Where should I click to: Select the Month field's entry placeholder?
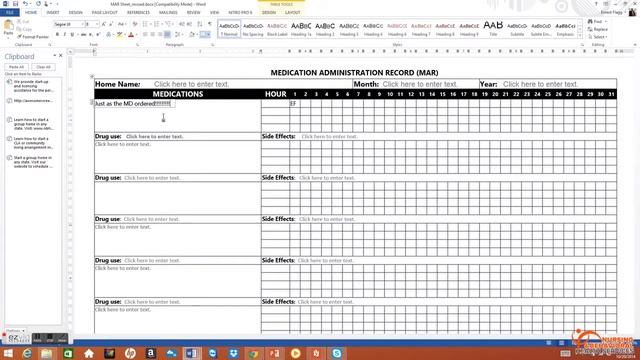[419, 85]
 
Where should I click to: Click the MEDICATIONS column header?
[177, 94]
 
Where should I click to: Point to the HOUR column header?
[275, 94]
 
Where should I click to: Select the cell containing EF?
[294, 103]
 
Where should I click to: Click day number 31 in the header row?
[612, 94]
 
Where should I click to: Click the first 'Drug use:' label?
[108, 136]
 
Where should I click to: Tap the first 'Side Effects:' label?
[278, 136]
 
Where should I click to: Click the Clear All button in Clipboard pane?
[43, 67]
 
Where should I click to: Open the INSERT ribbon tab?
[52, 13]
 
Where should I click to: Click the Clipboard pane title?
[20, 57]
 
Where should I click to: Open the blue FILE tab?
[9, 13]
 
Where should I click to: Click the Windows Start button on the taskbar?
[7, 352]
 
